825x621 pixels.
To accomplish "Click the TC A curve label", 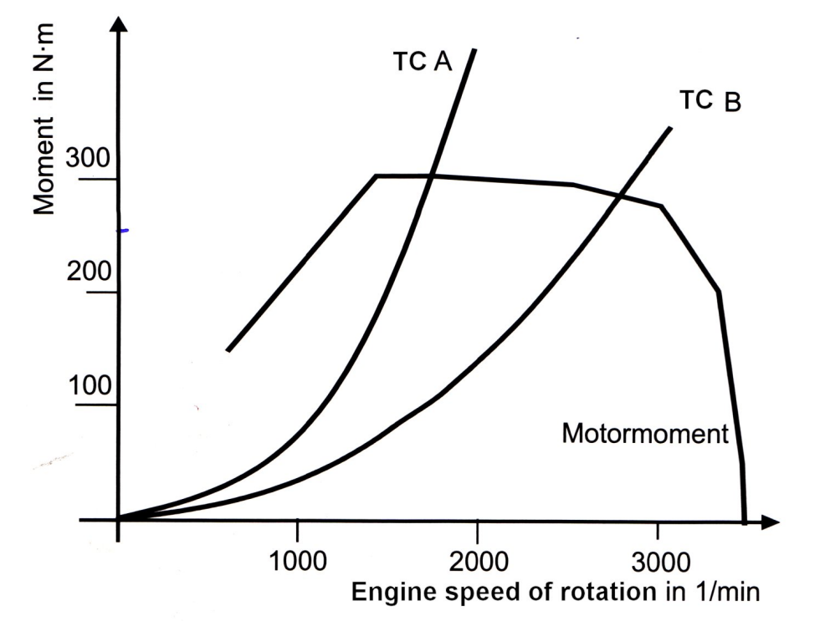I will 422,64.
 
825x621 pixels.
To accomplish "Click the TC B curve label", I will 710,101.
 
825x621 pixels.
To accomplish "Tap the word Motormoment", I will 646,434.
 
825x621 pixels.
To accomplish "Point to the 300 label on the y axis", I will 100,161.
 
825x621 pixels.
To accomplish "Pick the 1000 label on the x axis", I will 299,557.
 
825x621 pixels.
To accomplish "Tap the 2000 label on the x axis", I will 477,557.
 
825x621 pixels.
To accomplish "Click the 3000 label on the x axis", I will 657,557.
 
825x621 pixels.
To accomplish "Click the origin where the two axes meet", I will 119,520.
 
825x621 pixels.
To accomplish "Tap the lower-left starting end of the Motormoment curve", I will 228,350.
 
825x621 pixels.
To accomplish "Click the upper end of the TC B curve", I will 670,127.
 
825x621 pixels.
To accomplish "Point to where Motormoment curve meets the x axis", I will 744,519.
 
